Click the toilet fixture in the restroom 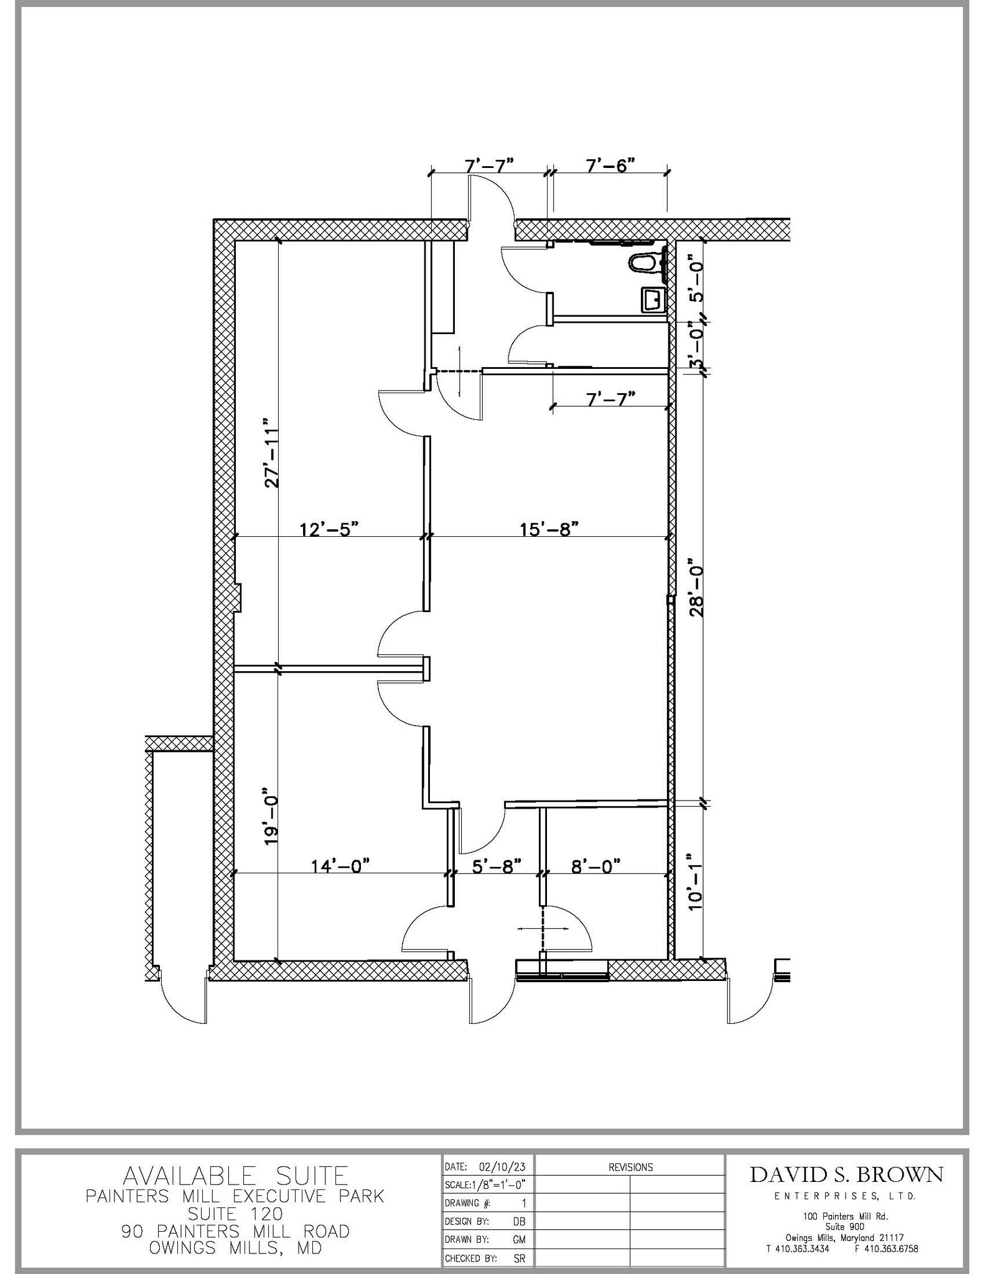tap(645, 263)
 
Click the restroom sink tap(652, 300)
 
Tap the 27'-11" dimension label tap(271, 452)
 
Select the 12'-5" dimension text tap(329, 529)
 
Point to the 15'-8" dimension tap(549, 529)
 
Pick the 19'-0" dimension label tap(270, 822)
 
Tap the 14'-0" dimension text tap(340, 866)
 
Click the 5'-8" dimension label tap(496, 866)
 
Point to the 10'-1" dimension tap(696, 882)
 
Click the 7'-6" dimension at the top tap(610, 165)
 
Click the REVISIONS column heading tap(630, 1167)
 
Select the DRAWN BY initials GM tap(519, 1239)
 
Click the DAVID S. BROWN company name tap(846, 1174)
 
